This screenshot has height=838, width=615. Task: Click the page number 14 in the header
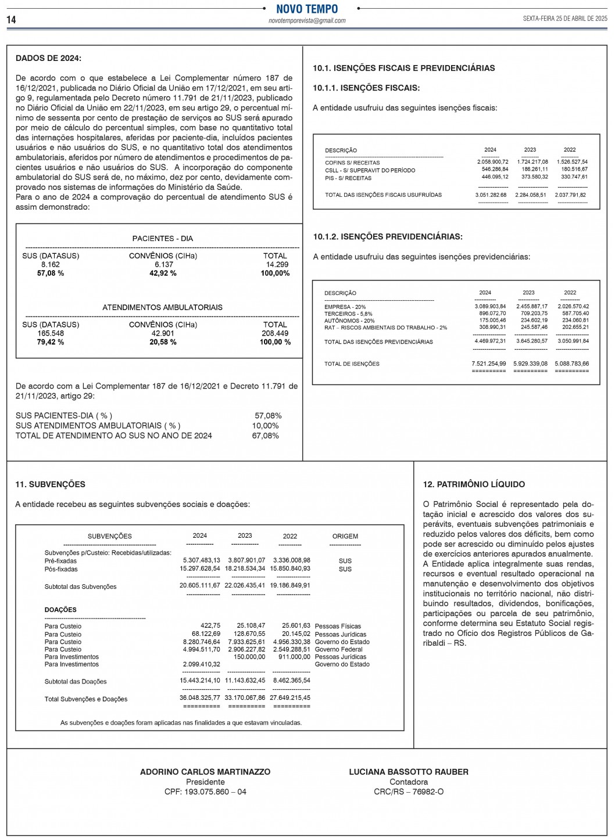(x=12, y=20)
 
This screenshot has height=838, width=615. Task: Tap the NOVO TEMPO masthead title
(x=307, y=9)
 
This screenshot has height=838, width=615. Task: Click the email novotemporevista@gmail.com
(x=307, y=21)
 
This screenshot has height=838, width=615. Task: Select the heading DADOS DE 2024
(x=48, y=58)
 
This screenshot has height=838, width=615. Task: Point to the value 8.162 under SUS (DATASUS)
(x=51, y=264)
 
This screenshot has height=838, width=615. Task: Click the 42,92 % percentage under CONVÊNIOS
(x=163, y=273)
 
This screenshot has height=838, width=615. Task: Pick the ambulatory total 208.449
(x=275, y=333)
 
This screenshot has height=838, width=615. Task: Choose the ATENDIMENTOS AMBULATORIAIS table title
(x=162, y=307)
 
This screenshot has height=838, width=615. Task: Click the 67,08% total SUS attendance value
(x=266, y=436)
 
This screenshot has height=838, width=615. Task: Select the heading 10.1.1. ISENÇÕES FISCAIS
(x=366, y=88)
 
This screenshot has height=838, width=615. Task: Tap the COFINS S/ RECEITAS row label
(x=352, y=163)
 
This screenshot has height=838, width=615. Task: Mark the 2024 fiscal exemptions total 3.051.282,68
(x=491, y=195)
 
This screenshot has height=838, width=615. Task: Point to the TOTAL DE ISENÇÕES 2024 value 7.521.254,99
(x=489, y=364)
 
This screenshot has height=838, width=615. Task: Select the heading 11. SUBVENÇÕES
(x=50, y=484)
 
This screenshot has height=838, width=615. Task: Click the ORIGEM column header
(x=345, y=536)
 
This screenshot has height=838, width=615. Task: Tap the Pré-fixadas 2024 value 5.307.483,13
(x=201, y=560)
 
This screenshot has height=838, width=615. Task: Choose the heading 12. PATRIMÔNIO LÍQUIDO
(x=474, y=484)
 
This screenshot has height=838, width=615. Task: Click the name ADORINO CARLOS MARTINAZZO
(x=205, y=772)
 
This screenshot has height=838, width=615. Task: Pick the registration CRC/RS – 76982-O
(x=409, y=792)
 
